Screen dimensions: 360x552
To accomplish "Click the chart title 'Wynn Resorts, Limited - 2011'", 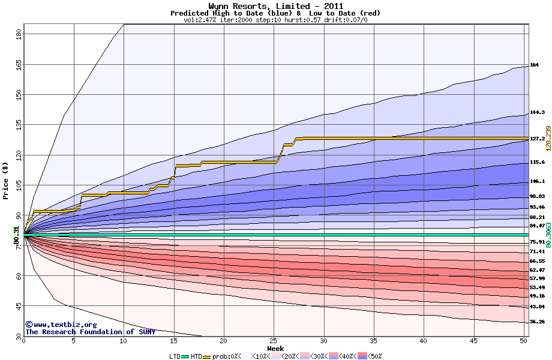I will (275, 6).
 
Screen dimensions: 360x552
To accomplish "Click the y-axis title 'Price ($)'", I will (6, 180).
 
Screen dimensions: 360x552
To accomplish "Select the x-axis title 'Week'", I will (275, 349).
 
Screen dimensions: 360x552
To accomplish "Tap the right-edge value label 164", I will (535, 65).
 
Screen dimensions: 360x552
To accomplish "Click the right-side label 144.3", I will (537, 112).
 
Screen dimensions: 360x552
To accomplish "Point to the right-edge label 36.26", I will (537, 322).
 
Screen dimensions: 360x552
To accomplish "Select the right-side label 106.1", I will (537, 181).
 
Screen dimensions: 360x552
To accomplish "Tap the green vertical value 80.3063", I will (548, 235).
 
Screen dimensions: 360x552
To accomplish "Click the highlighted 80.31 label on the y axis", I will (16, 235).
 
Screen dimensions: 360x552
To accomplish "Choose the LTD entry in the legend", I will (175, 356).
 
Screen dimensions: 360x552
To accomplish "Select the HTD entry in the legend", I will (196, 356).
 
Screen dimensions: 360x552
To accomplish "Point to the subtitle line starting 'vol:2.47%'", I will (275, 20).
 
